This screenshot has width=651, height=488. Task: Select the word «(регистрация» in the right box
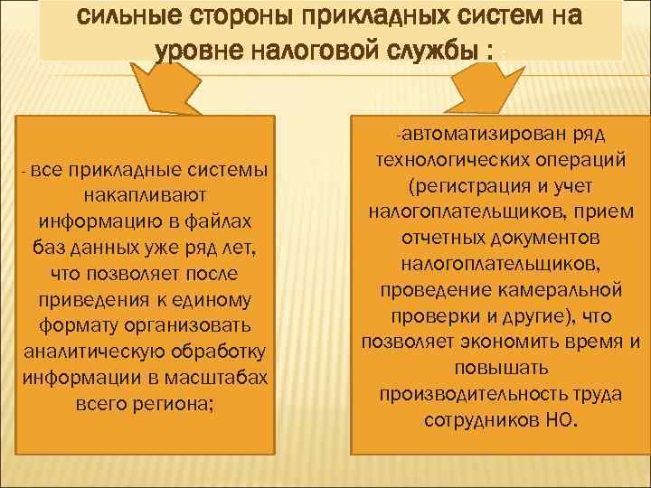click(464, 187)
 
